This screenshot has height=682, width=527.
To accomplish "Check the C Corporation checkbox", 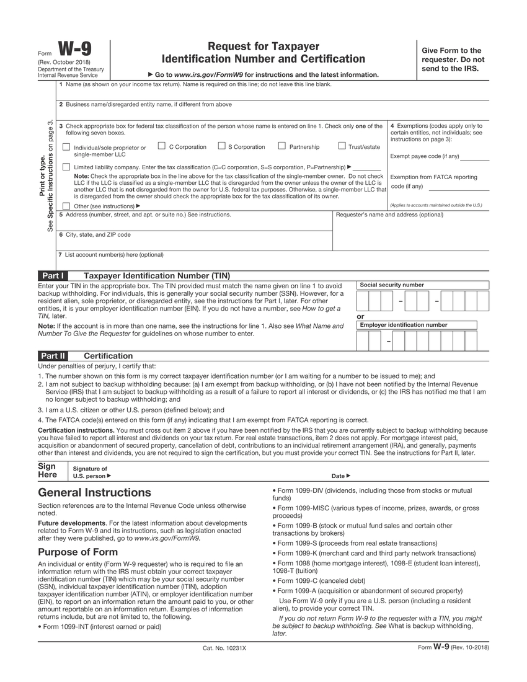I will [x=161, y=146].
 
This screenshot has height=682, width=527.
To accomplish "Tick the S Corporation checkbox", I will [x=221, y=146].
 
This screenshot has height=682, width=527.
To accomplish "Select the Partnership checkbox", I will [x=281, y=146].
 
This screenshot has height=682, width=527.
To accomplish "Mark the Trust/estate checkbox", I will [x=342, y=146].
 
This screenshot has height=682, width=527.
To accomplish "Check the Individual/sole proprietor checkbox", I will [x=66, y=148].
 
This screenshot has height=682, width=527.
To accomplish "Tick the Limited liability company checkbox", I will [x=66, y=167].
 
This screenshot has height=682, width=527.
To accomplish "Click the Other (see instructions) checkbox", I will [x=66, y=206].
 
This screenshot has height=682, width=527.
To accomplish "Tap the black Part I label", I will [x=53, y=275].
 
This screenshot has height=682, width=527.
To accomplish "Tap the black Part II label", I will [x=53, y=356].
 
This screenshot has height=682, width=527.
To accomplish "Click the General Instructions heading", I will [x=94, y=493].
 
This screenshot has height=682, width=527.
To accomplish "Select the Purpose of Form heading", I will [x=77, y=552].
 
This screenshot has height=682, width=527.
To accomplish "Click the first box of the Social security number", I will [x=363, y=301].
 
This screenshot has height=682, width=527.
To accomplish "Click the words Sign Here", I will [x=48, y=470].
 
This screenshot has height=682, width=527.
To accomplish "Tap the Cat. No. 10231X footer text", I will [x=224, y=648].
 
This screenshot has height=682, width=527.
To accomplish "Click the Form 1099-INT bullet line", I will [x=102, y=627].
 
